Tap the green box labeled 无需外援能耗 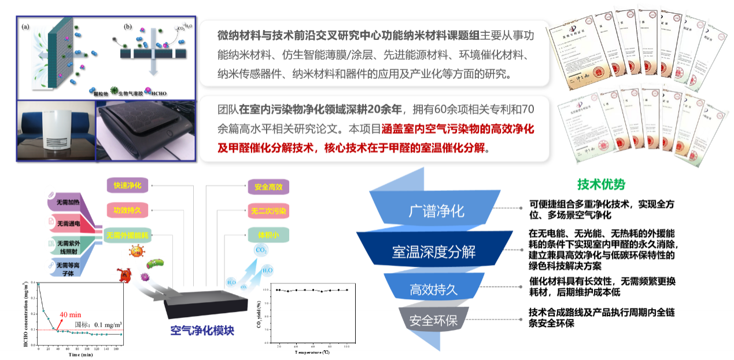click(128, 236)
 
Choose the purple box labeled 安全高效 click(268, 188)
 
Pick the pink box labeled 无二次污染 click(268, 211)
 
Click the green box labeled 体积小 click(268, 236)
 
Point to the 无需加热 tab click(68, 202)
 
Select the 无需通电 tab click(68, 223)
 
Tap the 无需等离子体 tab click(68, 267)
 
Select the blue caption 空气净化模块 click(202, 331)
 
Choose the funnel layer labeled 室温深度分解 click(434, 252)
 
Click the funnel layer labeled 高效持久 click(434, 289)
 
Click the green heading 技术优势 click(601, 185)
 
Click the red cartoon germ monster click(125, 275)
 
